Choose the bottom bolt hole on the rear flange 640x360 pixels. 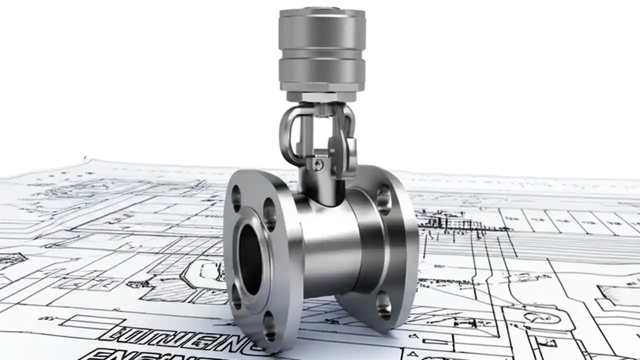[384, 304]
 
